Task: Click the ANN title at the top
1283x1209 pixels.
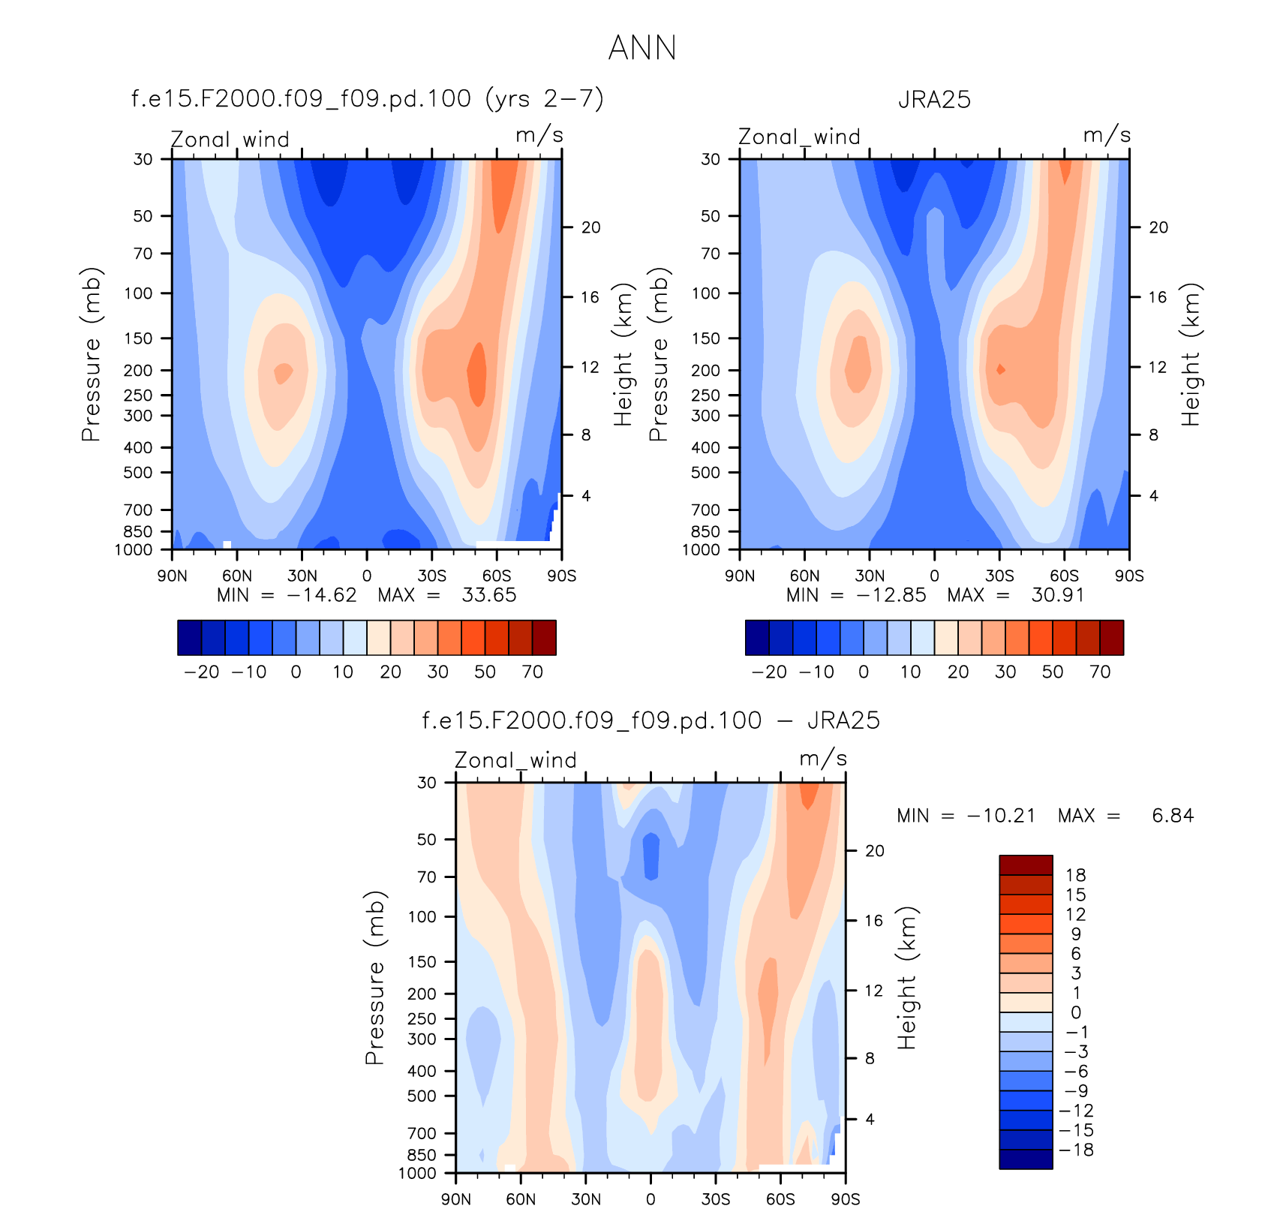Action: pyautogui.click(x=642, y=48)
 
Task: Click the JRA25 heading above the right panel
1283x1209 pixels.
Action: pyautogui.click(x=934, y=99)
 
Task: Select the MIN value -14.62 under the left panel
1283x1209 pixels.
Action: pyautogui.click(x=323, y=595)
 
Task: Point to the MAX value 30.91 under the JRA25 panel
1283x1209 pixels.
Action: pyautogui.click(x=1058, y=595)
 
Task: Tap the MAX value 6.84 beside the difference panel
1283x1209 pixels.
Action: pyautogui.click(x=1173, y=816)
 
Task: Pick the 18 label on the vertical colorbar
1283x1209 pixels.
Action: pyautogui.click(x=1076, y=875)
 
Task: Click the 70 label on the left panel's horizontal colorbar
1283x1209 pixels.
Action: pyautogui.click(x=532, y=672)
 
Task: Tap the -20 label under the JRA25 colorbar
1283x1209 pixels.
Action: pyautogui.click(x=769, y=672)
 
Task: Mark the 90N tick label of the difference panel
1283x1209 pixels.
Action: pyautogui.click(x=456, y=1198)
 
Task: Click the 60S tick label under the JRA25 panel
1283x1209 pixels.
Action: pyautogui.click(x=1064, y=576)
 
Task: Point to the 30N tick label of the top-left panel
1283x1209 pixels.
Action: pyautogui.click(x=302, y=576)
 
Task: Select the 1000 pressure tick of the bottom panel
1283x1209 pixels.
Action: pyautogui.click(x=417, y=1174)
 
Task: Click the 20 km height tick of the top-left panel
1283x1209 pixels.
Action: pyautogui.click(x=591, y=227)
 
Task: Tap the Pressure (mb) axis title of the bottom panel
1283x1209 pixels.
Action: pyautogui.click(x=374, y=978)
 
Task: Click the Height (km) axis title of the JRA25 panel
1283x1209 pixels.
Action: pyautogui.click(x=1191, y=354)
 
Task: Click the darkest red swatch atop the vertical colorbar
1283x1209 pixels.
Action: pyautogui.click(x=1026, y=865)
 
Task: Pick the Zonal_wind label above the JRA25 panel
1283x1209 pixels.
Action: pyautogui.click(x=799, y=137)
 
